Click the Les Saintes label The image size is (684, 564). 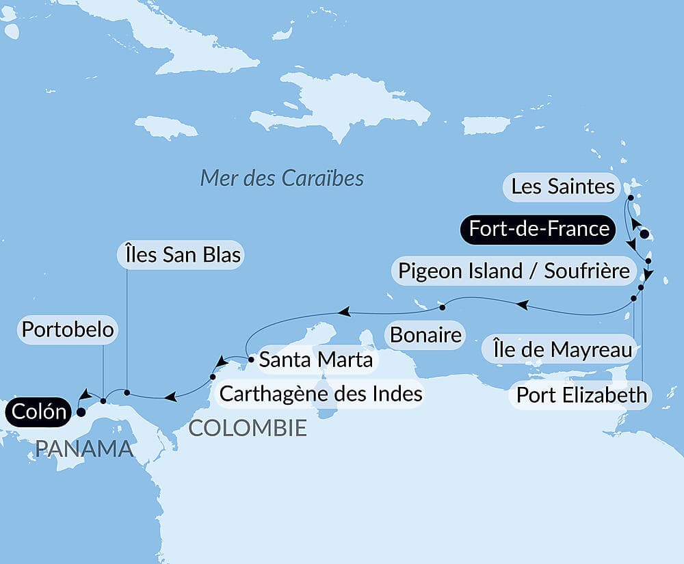[x=562, y=186]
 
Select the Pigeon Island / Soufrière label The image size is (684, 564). [x=513, y=271]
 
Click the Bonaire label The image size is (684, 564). [x=424, y=335]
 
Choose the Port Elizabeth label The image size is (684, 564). [x=581, y=394]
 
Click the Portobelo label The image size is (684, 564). [x=67, y=330]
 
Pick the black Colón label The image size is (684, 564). [x=38, y=412]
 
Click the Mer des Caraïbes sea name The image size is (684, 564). [x=282, y=178]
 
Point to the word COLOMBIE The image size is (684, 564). [x=247, y=429]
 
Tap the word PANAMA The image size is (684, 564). [x=83, y=448]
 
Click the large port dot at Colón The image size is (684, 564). [x=81, y=412]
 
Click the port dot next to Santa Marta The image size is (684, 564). [x=252, y=358]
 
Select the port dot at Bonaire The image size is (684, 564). [x=443, y=305]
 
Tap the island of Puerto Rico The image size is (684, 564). [x=486, y=125]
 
